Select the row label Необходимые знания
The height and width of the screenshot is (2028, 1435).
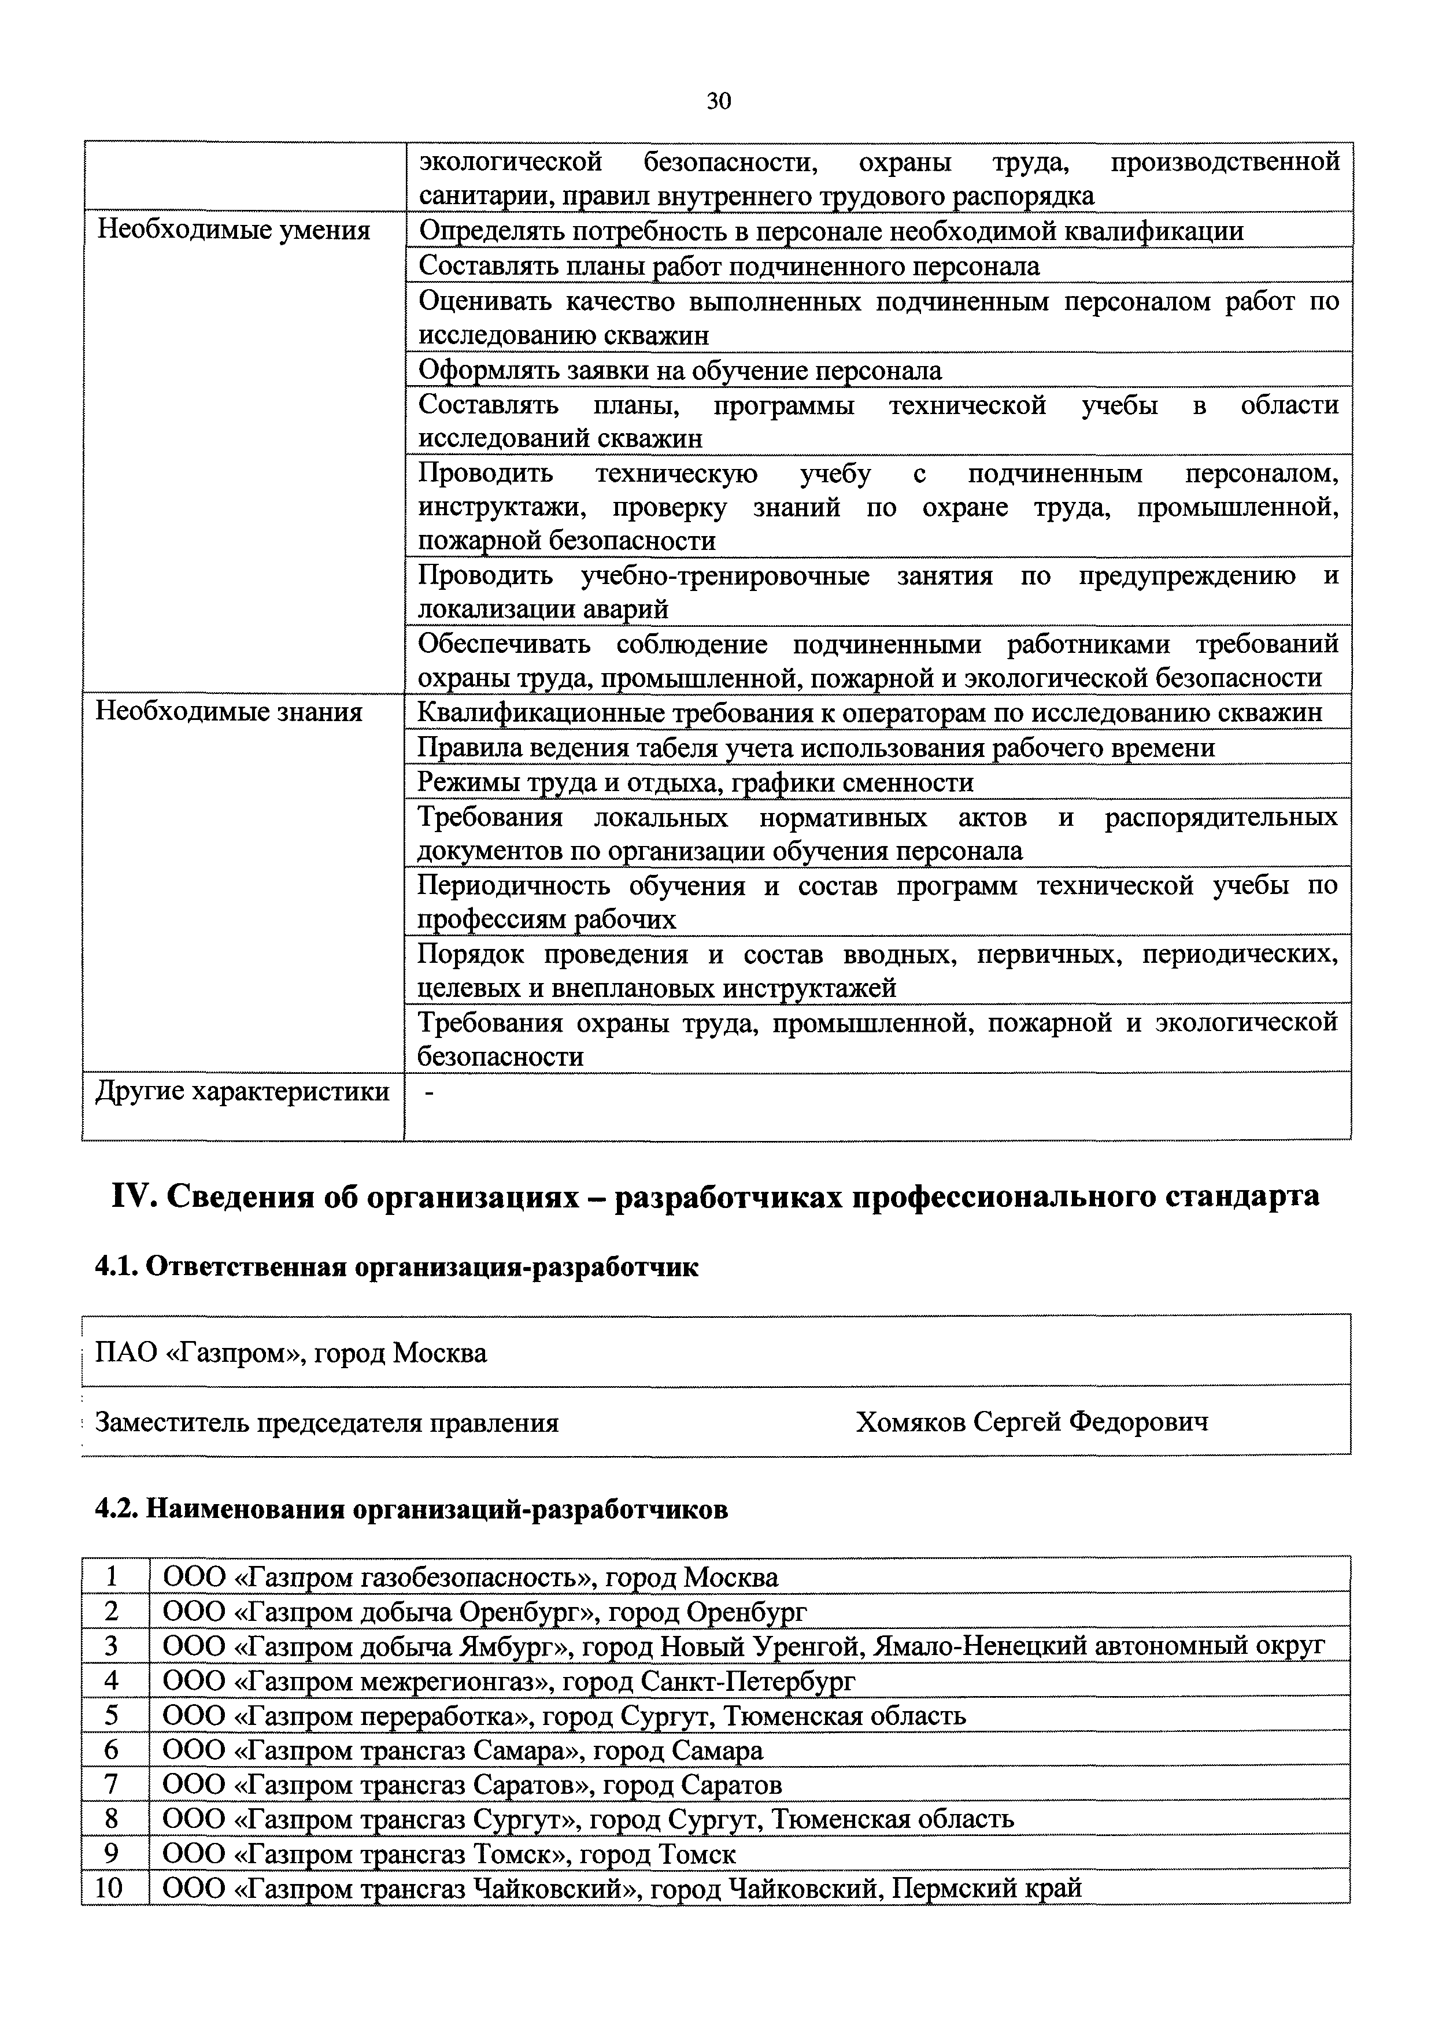coord(229,711)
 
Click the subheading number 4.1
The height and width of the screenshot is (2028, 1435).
coord(115,1268)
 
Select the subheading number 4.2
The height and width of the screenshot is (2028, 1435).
coord(115,1509)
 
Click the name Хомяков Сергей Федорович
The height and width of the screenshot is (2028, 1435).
coord(1031,1422)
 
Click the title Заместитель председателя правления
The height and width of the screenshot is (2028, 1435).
coord(326,1423)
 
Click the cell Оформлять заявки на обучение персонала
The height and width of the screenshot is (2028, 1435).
coord(679,370)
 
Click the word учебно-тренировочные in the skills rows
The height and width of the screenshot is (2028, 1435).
coord(724,576)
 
